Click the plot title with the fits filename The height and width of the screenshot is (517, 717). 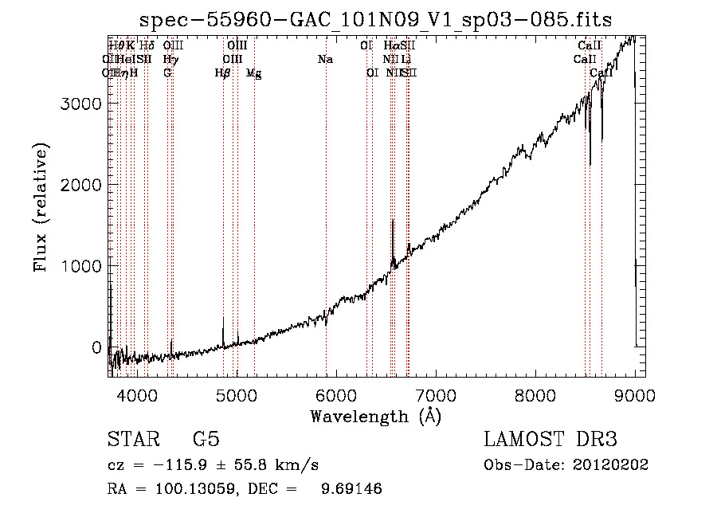[375, 20]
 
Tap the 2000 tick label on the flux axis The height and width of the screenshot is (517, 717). [82, 185]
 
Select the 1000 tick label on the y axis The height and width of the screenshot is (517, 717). [82, 266]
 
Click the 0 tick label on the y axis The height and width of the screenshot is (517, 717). [96, 347]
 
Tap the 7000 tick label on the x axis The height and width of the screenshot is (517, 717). [436, 394]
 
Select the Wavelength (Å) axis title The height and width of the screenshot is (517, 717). [375, 416]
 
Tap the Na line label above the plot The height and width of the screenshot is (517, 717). [325, 60]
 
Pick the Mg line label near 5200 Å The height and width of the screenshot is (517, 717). [254, 73]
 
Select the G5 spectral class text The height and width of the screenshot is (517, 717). [206, 440]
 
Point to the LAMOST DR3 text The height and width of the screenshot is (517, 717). [550, 440]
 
